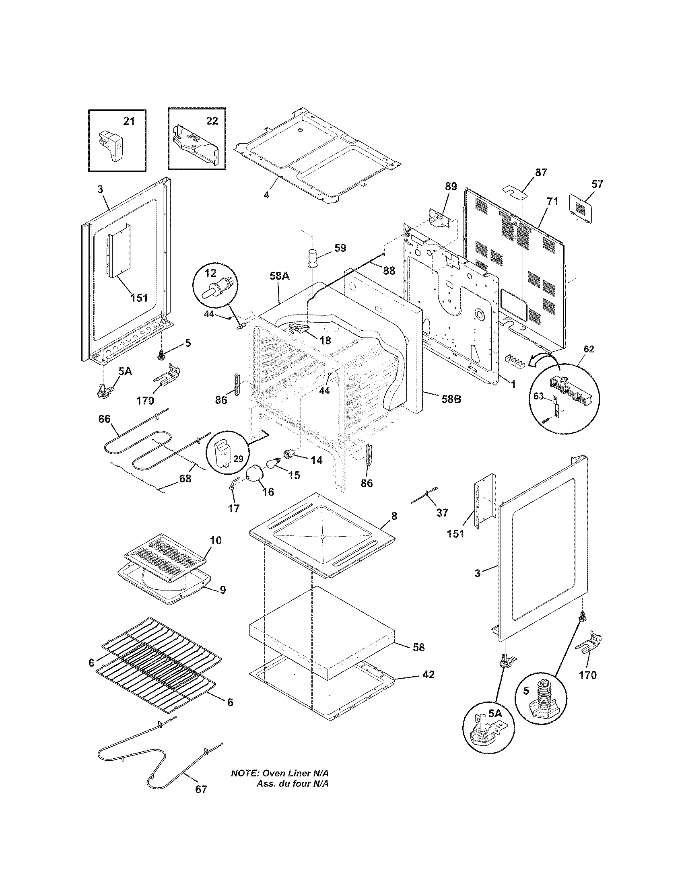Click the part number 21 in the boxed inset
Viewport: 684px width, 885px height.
point(128,121)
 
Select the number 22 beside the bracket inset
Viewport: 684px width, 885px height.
point(212,121)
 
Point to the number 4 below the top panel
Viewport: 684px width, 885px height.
point(266,195)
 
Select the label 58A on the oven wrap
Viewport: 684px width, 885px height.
point(279,276)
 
